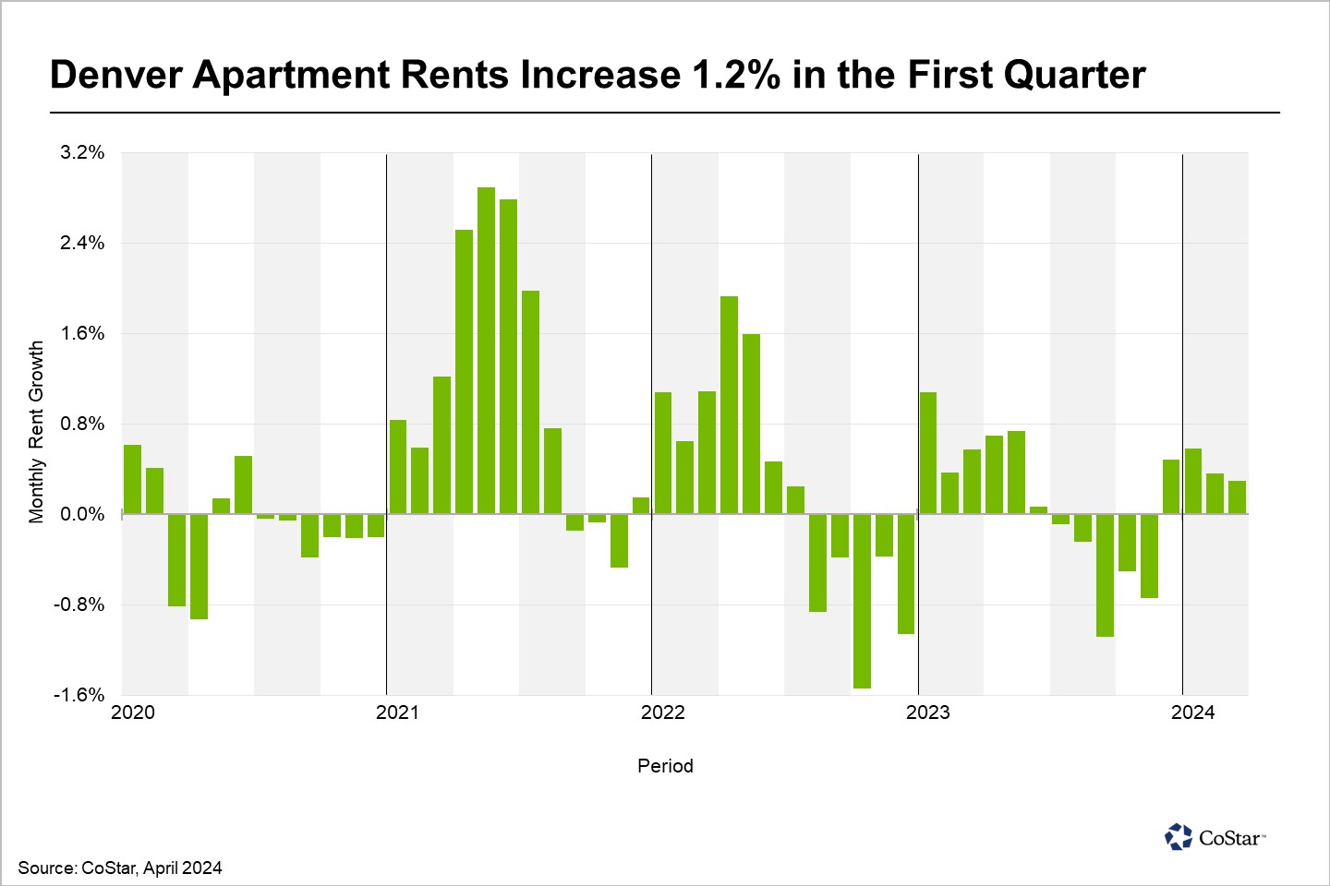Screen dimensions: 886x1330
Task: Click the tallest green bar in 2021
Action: [x=486, y=351]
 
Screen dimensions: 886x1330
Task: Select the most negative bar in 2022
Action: [x=862, y=601]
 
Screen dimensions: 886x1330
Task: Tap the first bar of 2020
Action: [x=132, y=479]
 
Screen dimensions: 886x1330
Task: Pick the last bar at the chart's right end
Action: [x=1237, y=497]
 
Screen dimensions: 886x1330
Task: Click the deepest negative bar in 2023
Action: [x=1105, y=575]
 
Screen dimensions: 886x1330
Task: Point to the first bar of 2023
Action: [x=928, y=453]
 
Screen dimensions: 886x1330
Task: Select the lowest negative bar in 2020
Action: [x=199, y=567]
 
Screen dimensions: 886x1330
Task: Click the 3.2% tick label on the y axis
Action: [x=82, y=152]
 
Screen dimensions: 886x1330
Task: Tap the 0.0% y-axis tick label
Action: [x=82, y=514]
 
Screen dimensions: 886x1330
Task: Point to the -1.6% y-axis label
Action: [x=79, y=695]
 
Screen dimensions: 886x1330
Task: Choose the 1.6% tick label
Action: [x=82, y=333]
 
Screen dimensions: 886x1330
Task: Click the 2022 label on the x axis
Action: [x=663, y=712]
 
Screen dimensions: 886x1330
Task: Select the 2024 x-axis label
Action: [x=1193, y=712]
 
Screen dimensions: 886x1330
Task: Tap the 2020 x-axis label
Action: [x=133, y=712]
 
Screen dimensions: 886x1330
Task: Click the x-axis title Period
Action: [x=665, y=766]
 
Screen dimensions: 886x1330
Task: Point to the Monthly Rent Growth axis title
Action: [x=36, y=432]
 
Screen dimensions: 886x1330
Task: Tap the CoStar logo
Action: [x=1215, y=837]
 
